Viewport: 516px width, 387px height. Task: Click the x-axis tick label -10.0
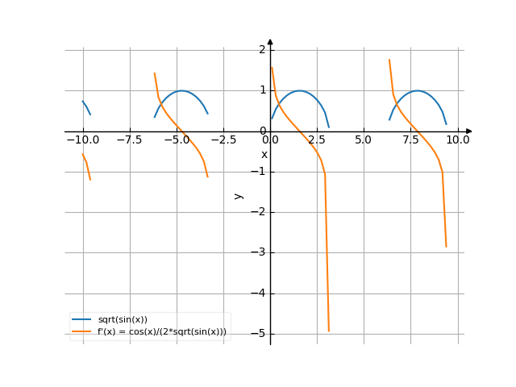click(x=82, y=140)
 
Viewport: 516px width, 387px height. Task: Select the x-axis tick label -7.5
click(x=130, y=140)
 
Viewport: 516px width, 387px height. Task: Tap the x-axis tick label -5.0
click(x=177, y=140)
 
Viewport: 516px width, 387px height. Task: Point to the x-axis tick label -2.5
click(x=223, y=140)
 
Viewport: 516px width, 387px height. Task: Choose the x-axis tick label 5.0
click(x=364, y=140)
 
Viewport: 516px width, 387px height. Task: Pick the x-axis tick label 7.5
click(x=411, y=140)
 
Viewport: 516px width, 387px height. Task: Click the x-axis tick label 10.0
click(x=458, y=140)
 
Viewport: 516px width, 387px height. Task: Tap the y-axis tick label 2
click(x=262, y=50)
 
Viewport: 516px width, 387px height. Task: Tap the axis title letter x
click(x=264, y=154)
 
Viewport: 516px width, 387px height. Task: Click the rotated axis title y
click(x=238, y=195)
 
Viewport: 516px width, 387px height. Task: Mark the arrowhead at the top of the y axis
click(x=270, y=41)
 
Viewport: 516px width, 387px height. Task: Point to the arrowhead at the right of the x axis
click(x=469, y=131)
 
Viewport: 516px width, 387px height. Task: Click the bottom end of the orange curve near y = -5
click(x=328, y=330)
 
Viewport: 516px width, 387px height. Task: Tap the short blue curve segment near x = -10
click(x=86, y=107)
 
